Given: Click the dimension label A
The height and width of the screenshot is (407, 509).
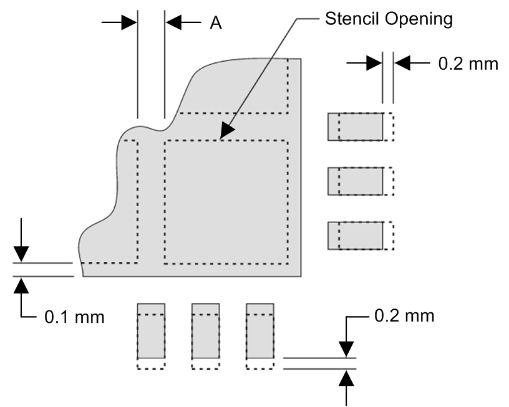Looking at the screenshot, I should click(x=215, y=23).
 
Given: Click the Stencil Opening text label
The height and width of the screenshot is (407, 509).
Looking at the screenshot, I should click(x=388, y=19).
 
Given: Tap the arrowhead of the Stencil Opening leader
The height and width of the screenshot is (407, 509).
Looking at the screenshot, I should click(x=225, y=131).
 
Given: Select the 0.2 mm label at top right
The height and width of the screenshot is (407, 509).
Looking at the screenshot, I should click(x=468, y=64).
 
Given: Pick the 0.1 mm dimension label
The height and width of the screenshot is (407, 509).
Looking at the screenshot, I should click(x=74, y=317).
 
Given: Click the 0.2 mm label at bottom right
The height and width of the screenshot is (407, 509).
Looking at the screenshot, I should click(x=404, y=316).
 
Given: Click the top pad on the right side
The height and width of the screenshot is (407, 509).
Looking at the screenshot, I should click(x=356, y=127).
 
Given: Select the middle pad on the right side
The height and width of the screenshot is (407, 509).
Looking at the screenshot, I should click(x=356, y=181).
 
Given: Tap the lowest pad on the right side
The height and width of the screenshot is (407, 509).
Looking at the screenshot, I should click(x=356, y=236).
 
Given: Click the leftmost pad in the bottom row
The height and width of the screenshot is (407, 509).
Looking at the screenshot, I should click(x=150, y=331).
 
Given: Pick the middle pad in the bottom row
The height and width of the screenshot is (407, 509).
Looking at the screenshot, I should click(x=205, y=331).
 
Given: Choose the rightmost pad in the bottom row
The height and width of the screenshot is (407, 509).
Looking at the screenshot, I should click(x=259, y=331).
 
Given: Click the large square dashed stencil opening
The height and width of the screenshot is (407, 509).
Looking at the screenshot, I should click(x=226, y=201).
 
